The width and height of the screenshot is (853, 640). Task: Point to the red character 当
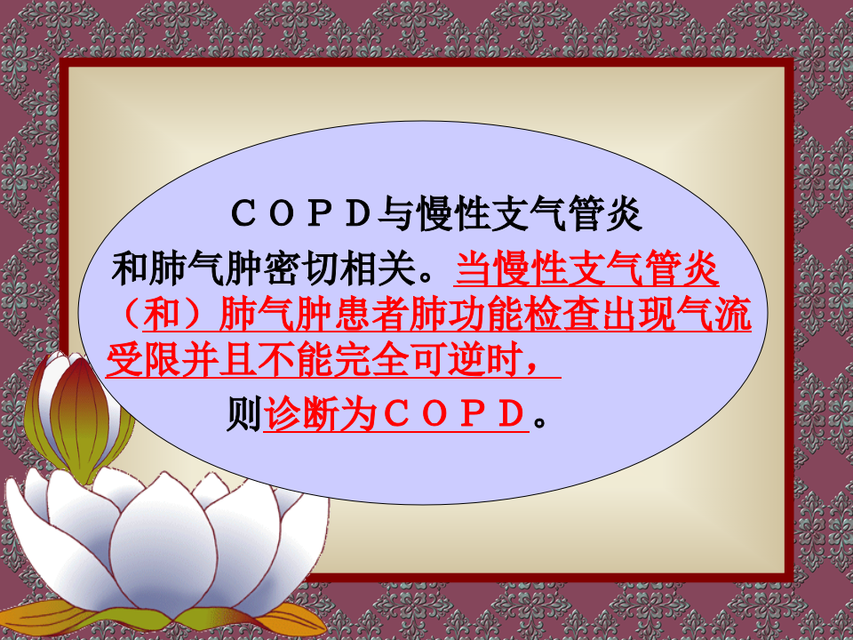click(473, 266)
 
